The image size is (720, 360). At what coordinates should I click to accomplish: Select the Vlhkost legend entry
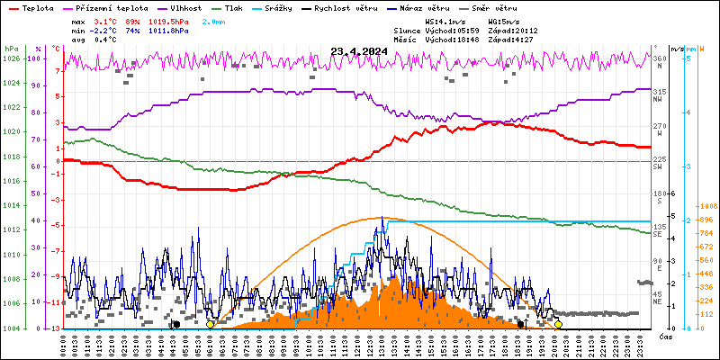(189, 6)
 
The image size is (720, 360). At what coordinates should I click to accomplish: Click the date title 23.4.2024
(358, 51)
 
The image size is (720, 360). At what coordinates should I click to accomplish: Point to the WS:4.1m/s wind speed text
(445, 20)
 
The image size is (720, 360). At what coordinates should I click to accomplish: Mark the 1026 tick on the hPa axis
(11, 59)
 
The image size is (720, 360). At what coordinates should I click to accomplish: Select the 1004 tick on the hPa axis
(11, 328)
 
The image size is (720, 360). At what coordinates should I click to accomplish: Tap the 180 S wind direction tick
(659, 193)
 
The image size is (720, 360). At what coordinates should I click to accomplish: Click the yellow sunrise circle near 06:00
(211, 324)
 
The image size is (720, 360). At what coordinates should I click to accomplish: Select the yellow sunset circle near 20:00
(558, 324)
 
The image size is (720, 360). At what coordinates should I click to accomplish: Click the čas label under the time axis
(665, 337)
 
